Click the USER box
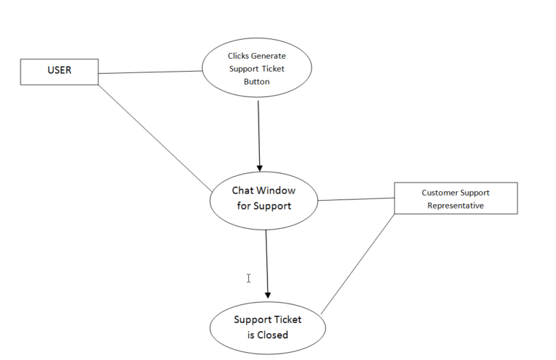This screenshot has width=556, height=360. click(x=59, y=72)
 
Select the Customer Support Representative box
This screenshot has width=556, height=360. click(x=455, y=198)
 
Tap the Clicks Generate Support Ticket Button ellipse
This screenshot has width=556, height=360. click(x=257, y=68)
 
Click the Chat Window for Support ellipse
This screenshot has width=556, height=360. click(x=264, y=198)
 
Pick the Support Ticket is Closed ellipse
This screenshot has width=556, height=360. click(x=267, y=327)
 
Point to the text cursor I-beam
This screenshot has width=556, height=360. click(x=248, y=278)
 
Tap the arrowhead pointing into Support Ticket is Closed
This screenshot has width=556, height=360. click(x=268, y=294)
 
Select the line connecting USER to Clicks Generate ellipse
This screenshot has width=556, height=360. click(x=150, y=72)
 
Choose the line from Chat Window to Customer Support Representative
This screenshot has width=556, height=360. click(x=356, y=199)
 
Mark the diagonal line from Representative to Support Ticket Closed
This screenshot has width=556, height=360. click(x=358, y=264)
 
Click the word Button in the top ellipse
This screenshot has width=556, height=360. click(x=256, y=82)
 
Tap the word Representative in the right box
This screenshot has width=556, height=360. click(x=455, y=205)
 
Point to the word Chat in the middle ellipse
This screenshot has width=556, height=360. click(x=243, y=191)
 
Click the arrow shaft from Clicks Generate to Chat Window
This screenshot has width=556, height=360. click(x=258, y=130)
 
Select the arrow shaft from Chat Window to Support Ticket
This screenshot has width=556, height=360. click(x=266, y=261)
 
